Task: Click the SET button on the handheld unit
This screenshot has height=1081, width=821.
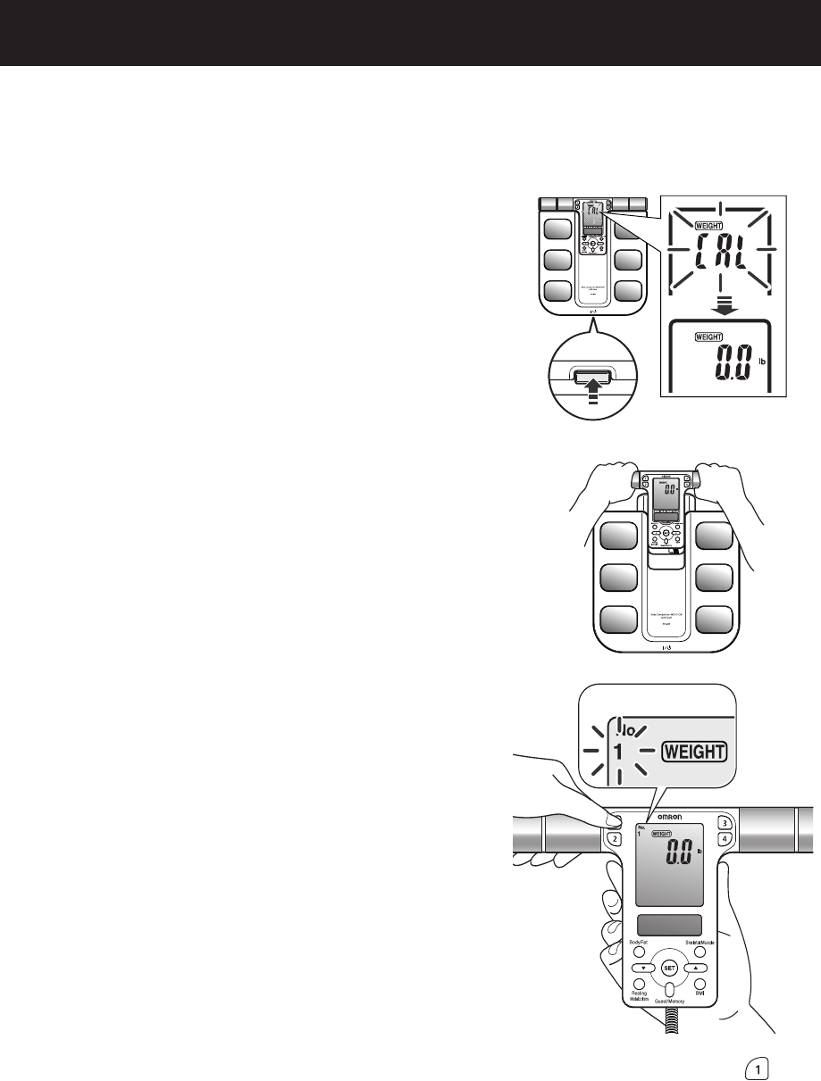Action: [669, 968]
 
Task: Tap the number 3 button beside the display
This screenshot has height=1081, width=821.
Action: [725, 823]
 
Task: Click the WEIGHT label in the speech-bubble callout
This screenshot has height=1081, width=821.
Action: [695, 752]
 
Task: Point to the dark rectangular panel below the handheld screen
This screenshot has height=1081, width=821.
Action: [669, 926]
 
